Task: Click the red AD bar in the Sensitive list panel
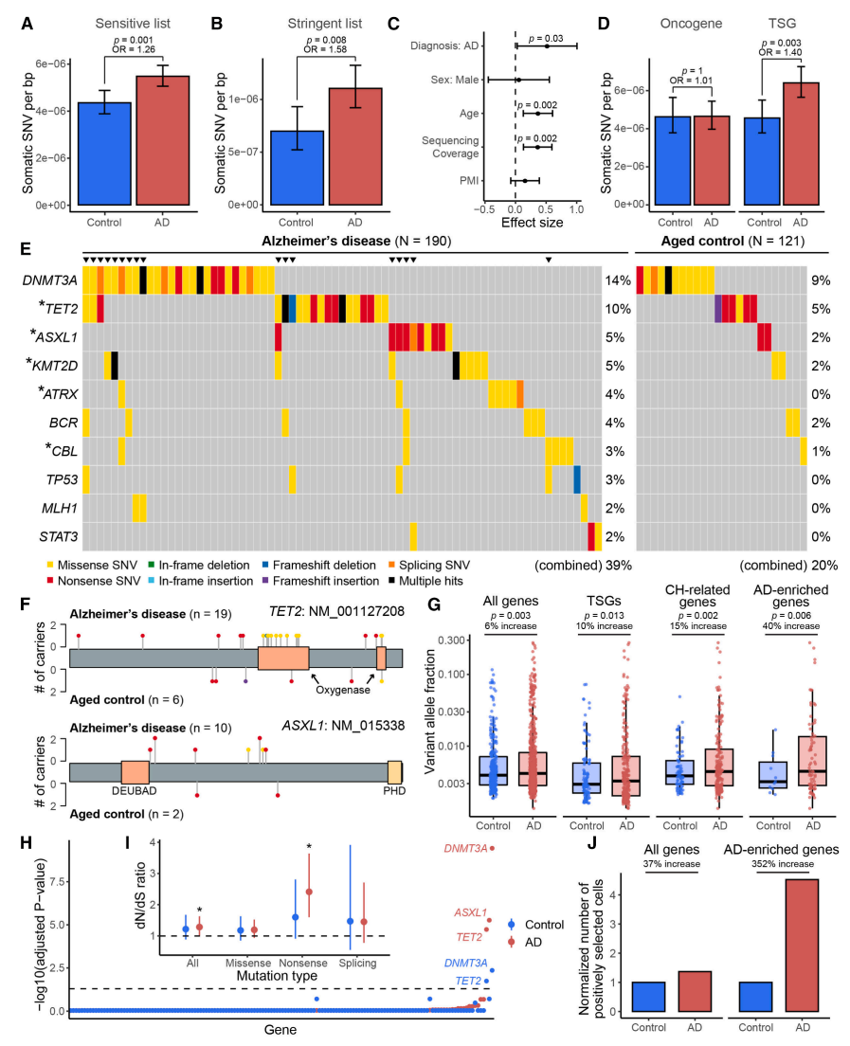click(x=163, y=141)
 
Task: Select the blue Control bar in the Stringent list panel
click(x=297, y=168)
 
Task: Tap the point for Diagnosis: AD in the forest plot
click(x=547, y=46)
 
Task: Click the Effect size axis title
click(x=532, y=223)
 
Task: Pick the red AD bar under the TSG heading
click(x=801, y=143)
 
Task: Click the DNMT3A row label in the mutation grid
click(x=50, y=280)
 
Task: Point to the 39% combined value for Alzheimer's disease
click(x=618, y=566)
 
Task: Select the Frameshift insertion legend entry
click(x=321, y=581)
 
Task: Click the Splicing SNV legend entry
click(x=429, y=565)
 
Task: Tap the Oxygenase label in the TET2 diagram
click(x=343, y=690)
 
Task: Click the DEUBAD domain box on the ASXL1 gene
click(x=135, y=772)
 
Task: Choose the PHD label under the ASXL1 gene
click(x=394, y=791)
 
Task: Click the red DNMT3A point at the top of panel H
click(x=493, y=849)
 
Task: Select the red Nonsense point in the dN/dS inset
click(x=309, y=892)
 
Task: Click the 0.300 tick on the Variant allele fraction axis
click(x=452, y=640)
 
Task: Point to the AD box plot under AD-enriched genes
click(x=813, y=761)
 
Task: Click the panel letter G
click(x=434, y=605)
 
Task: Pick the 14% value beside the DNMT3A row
click(x=618, y=280)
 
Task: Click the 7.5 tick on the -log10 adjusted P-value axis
click(x=57, y=882)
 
